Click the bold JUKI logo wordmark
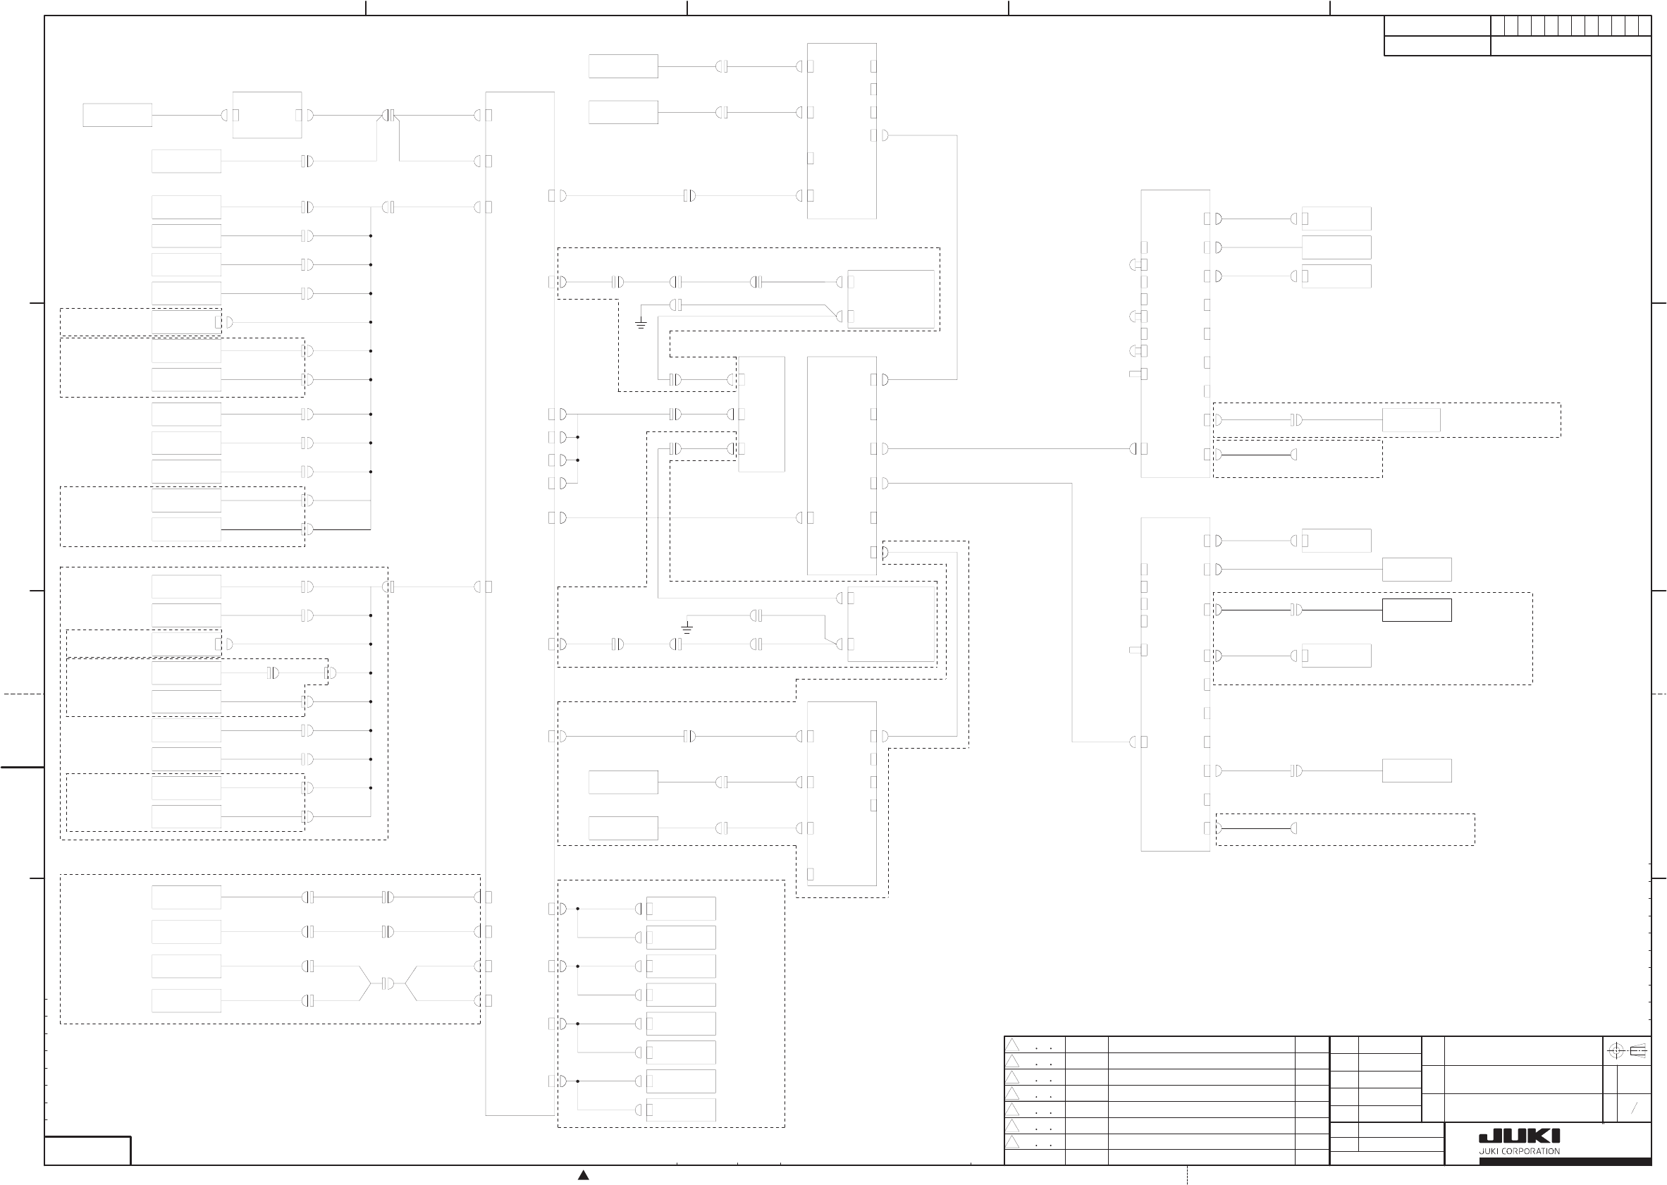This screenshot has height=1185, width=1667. (x=1519, y=1136)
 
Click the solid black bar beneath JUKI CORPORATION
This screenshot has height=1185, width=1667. (x=1565, y=1161)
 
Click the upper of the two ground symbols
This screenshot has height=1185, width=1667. (x=641, y=324)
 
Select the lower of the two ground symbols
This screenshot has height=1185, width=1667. (x=687, y=627)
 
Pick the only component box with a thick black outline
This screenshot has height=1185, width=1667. (x=1416, y=610)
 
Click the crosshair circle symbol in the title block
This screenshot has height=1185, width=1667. (x=1616, y=1051)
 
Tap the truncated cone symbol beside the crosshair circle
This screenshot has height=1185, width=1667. (x=1638, y=1051)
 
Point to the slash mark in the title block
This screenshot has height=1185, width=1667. (x=1634, y=1108)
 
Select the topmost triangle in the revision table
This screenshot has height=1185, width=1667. (x=1012, y=1045)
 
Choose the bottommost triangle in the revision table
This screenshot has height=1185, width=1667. (x=1012, y=1142)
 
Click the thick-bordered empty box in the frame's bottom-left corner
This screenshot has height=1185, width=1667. (x=87, y=1150)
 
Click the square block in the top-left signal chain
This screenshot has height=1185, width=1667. (x=267, y=116)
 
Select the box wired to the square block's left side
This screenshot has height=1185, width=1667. (x=117, y=116)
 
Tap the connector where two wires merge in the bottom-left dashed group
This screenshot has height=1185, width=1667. (x=388, y=983)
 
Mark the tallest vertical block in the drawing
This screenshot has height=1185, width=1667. (x=519, y=603)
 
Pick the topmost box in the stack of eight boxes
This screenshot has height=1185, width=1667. (x=681, y=909)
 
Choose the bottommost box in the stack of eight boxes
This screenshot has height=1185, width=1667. (x=681, y=1110)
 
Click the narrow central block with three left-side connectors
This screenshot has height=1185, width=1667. (x=762, y=414)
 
